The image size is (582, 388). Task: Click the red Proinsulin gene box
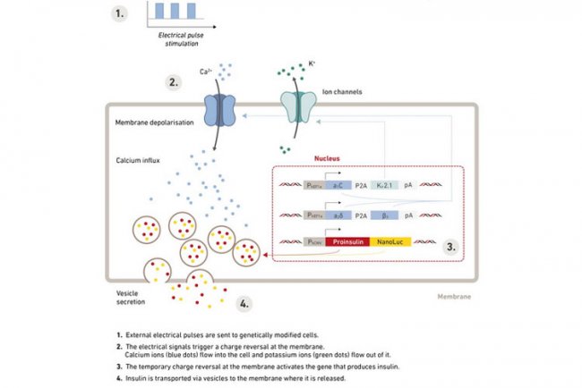coord(328,241)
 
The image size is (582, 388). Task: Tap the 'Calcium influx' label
coord(138,161)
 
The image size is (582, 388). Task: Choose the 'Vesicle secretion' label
coord(132,298)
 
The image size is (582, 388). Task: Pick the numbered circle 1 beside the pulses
coord(121,13)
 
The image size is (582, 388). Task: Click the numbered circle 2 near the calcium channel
coord(173,82)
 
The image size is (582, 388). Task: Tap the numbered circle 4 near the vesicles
coord(244,303)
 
